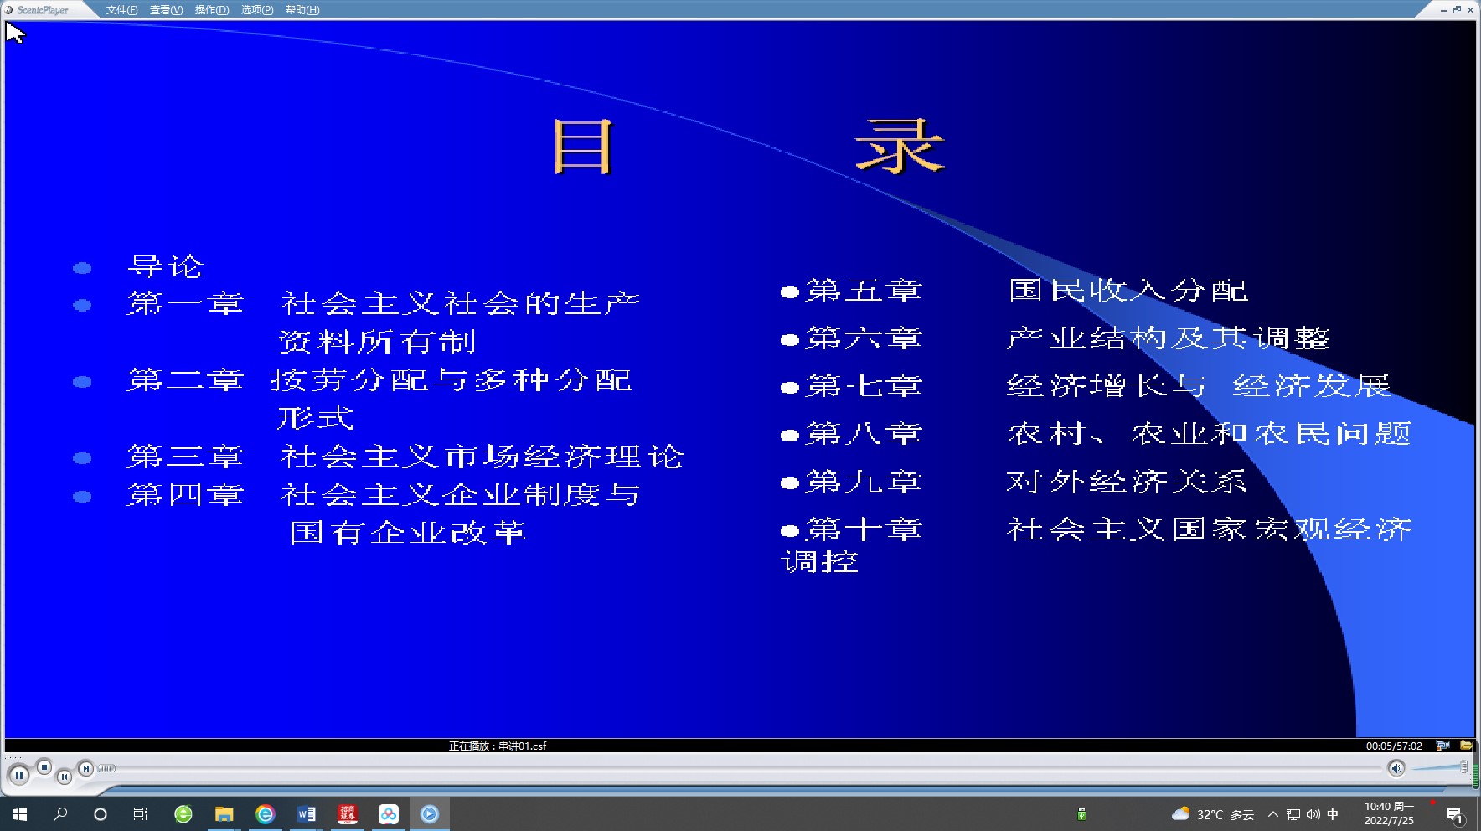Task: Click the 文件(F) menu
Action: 121,10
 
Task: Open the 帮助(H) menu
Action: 302,10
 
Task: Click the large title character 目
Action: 583,147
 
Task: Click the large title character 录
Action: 900,147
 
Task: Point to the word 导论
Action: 165,266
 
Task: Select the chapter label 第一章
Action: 185,303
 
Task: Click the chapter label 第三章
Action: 185,457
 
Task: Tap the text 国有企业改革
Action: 408,533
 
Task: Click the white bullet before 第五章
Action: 789,292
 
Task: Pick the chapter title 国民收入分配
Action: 1128,291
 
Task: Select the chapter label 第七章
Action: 864,386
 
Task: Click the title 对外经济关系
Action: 1127,482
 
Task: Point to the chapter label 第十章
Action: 864,529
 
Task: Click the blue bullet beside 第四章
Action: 82,497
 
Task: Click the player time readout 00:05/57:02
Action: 1394,746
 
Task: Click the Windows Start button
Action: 20,814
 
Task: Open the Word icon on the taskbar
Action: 307,814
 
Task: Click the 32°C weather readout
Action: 1210,814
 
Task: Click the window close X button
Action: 1470,10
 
